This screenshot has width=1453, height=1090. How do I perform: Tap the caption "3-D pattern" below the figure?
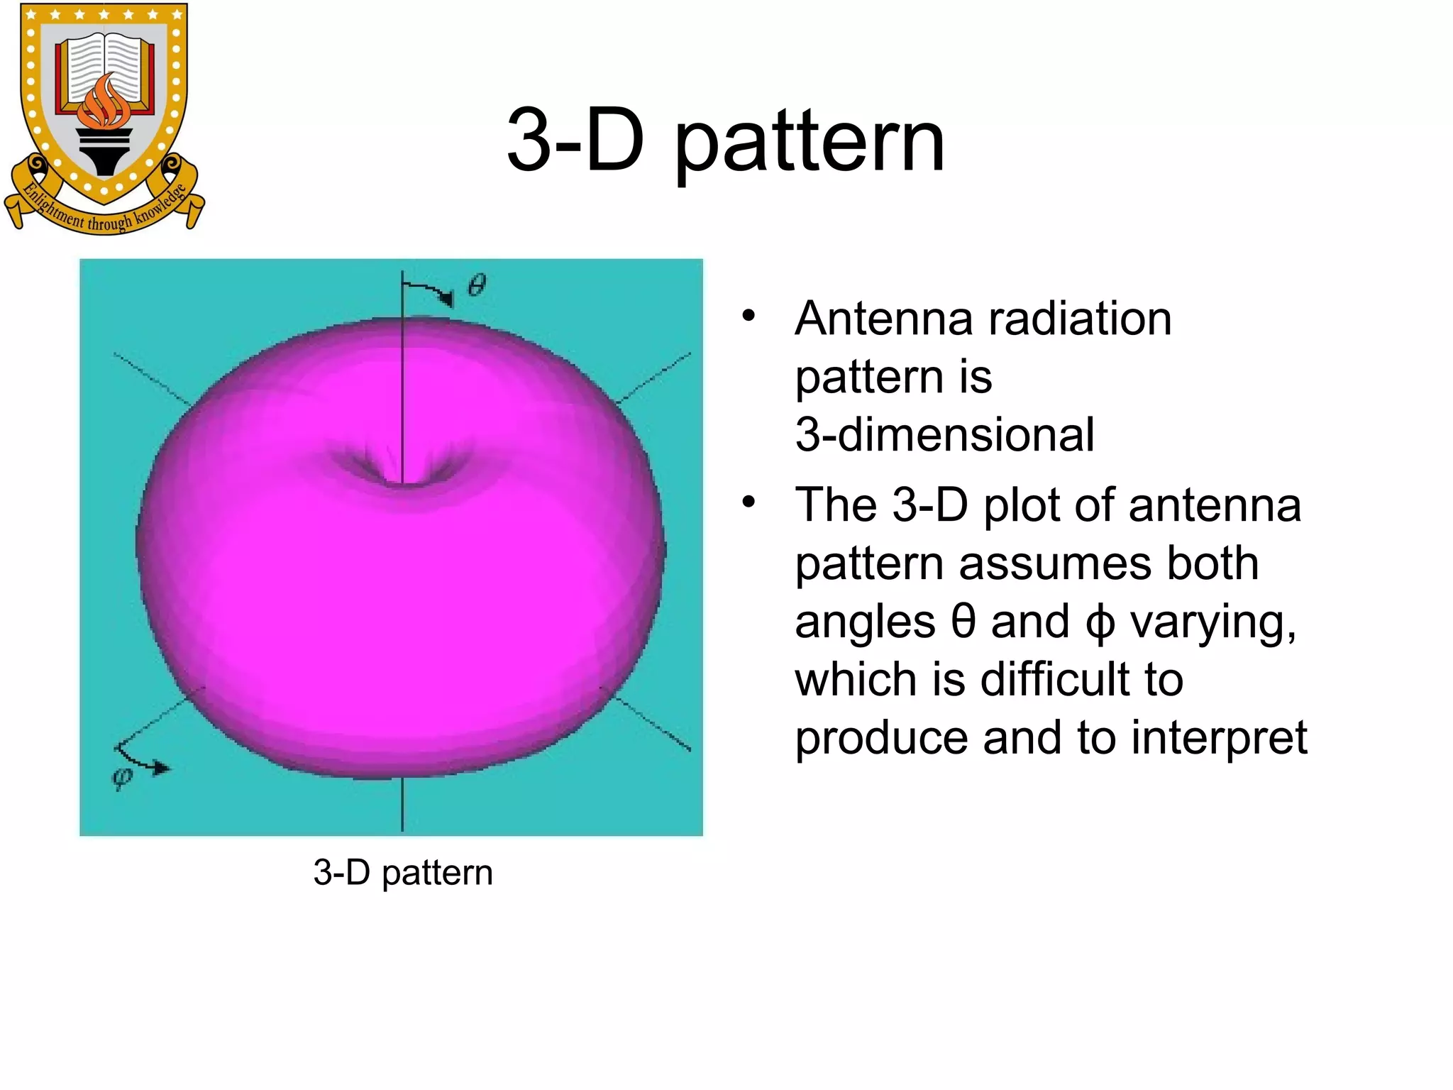click(402, 872)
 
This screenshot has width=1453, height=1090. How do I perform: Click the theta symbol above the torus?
click(477, 286)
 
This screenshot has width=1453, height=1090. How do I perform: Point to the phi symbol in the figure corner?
click(122, 778)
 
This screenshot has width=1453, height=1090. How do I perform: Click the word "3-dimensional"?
click(944, 434)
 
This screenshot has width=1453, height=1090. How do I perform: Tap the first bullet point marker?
click(748, 315)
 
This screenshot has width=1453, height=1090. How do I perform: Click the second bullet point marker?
click(748, 502)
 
